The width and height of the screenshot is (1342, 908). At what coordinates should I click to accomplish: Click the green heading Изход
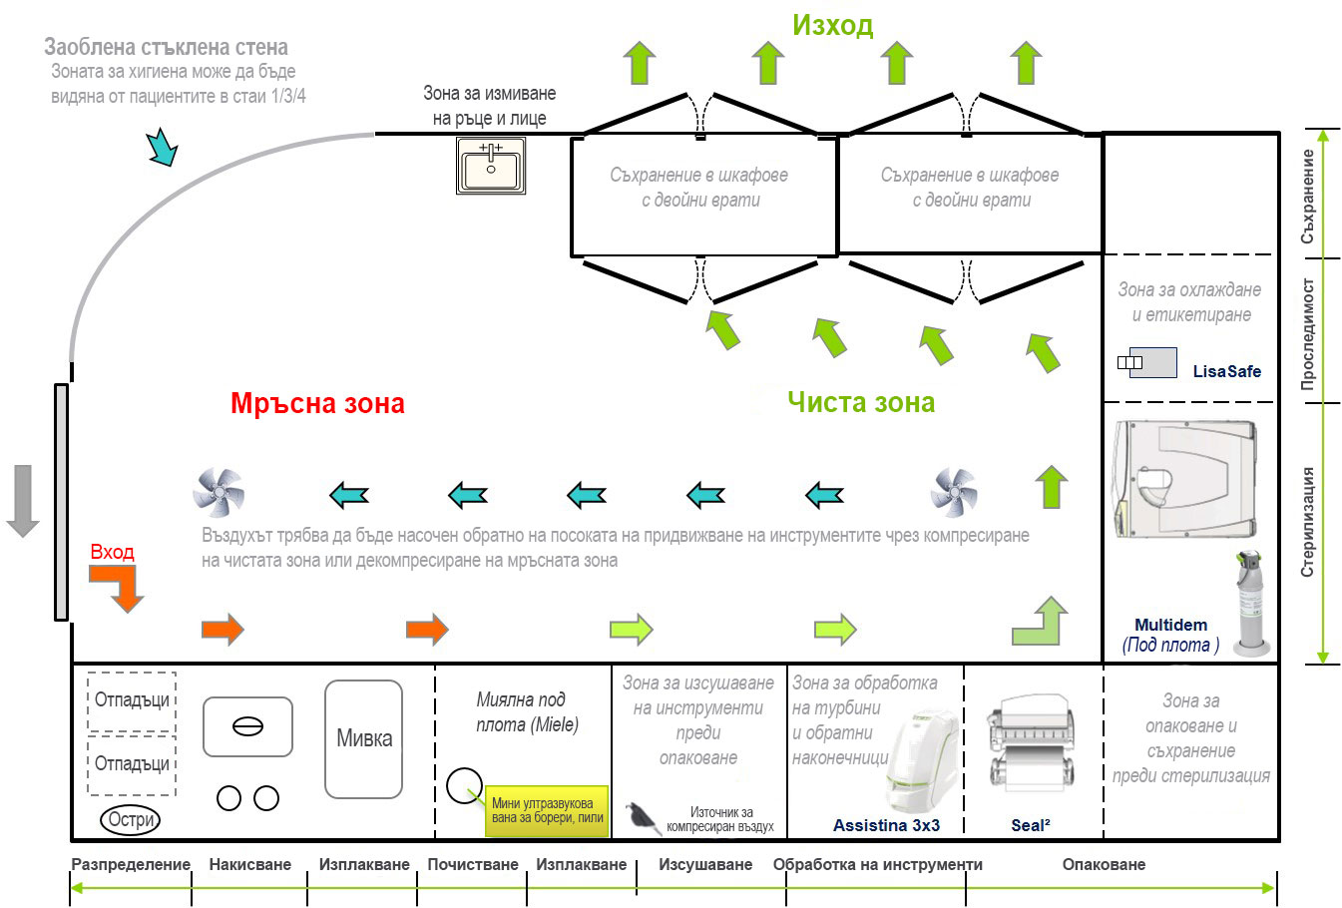[832, 25]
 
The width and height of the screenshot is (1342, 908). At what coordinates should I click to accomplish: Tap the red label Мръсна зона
[317, 403]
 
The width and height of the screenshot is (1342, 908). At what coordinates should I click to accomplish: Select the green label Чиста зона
[861, 402]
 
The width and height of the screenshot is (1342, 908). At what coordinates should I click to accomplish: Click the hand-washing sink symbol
[491, 165]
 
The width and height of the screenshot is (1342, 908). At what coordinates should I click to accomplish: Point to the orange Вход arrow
[118, 588]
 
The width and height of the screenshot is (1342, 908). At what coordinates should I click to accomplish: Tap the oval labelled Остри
[131, 820]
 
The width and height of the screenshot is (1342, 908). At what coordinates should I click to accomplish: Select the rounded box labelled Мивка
[364, 739]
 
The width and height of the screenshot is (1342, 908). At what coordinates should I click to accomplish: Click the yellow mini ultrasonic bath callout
[547, 810]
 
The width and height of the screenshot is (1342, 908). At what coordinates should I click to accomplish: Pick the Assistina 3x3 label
[886, 825]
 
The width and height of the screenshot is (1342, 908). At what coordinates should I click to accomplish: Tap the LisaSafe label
[1226, 371]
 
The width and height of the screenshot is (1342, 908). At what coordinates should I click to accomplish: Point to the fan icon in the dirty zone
[218, 492]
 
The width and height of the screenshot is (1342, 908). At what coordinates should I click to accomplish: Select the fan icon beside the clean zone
[954, 492]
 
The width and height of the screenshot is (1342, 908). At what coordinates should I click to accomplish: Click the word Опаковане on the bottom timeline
[1104, 865]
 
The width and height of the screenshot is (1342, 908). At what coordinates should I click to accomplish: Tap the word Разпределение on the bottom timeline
[131, 865]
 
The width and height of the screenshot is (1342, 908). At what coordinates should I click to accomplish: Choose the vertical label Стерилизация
[1308, 521]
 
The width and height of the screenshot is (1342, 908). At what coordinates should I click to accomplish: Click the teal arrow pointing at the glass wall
[163, 147]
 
